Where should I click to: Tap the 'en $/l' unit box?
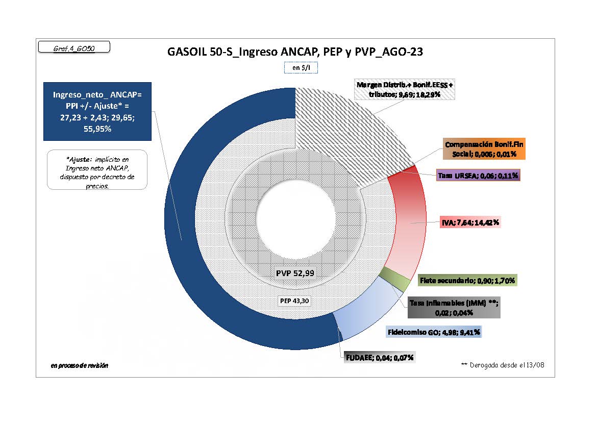[300, 67]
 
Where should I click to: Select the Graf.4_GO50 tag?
[74, 48]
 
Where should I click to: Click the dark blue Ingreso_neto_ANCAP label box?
[97, 112]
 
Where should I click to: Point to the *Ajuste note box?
[97, 169]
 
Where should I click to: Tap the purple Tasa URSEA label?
[478, 176]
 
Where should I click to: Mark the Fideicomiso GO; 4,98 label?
[434, 332]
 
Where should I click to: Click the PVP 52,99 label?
[295, 273]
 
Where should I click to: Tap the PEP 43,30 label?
[294, 301]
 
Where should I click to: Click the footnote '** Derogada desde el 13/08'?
[503, 365]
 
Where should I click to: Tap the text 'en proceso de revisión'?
[80, 365]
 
